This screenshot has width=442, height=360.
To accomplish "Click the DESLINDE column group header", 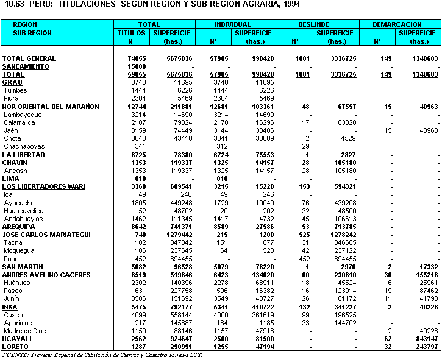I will [317, 24].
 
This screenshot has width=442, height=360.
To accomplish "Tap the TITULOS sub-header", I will [132, 33].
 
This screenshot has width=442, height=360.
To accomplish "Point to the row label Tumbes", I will [15, 90].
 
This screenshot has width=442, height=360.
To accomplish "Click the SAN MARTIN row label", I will [23, 267].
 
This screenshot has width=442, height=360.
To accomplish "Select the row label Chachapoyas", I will [24, 146].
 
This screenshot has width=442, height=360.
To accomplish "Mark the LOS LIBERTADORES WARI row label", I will [43, 186].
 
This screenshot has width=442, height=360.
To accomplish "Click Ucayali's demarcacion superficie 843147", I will [422, 339].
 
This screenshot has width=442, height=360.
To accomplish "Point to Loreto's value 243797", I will [422, 347].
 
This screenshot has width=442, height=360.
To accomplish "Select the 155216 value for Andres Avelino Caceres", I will [422, 275].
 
